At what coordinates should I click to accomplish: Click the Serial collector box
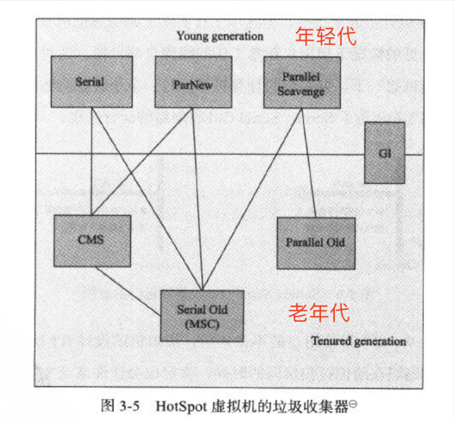click(90, 81)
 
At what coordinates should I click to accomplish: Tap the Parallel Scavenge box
click(301, 83)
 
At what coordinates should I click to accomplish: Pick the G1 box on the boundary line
click(385, 153)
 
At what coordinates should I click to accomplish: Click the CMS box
click(92, 240)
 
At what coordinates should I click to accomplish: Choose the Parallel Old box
click(315, 242)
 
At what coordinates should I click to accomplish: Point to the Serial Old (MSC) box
click(202, 315)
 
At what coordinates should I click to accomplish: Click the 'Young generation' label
click(220, 37)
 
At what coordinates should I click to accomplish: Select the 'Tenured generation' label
click(358, 341)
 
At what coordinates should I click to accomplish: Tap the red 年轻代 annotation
click(327, 36)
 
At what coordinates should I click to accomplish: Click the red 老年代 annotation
click(318, 312)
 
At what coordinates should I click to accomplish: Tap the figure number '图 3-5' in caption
click(120, 405)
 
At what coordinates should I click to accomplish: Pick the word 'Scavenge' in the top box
click(301, 91)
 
